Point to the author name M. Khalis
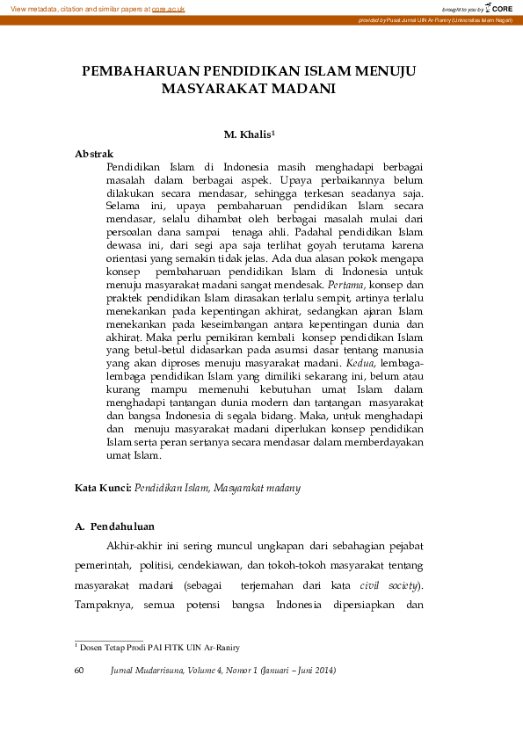click(250, 134)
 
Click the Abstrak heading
click(93, 154)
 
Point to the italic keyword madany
click(283, 486)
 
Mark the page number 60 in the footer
click(80, 671)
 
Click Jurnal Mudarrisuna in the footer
click(146, 671)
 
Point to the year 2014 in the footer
click(321, 671)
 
